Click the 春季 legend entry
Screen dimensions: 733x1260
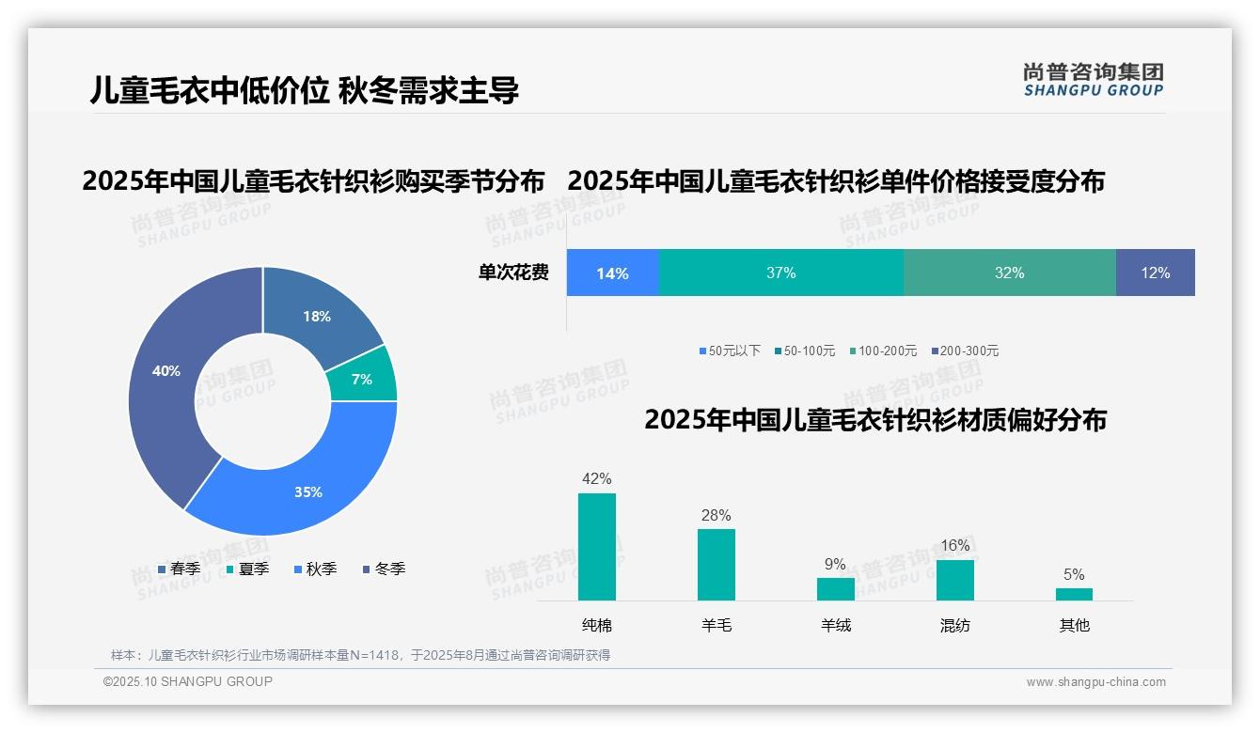tap(179, 569)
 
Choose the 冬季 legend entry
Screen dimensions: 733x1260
tap(384, 569)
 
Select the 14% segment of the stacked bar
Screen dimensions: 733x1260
tap(612, 273)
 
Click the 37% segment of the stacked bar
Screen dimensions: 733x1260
tap(780, 273)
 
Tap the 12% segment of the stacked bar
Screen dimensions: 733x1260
tap(1155, 273)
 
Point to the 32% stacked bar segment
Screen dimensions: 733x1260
tap(1009, 273)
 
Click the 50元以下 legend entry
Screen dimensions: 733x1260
tap(730, 351)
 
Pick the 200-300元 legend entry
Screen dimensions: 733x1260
tap(965, 351)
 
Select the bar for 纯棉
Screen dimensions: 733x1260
tap(597, 547)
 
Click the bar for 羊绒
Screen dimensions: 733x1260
tap(835, 589)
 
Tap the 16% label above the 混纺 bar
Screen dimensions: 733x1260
tap(954, 546)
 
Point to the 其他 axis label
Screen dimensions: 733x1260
tap(1074, 625)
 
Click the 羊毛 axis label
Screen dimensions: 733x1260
tap(717, 625)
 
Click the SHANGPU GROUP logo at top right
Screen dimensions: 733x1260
tap(1093, 80)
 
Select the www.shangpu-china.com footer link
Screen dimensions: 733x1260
tap(1095, 682)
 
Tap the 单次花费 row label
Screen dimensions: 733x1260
tap(513, 273)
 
